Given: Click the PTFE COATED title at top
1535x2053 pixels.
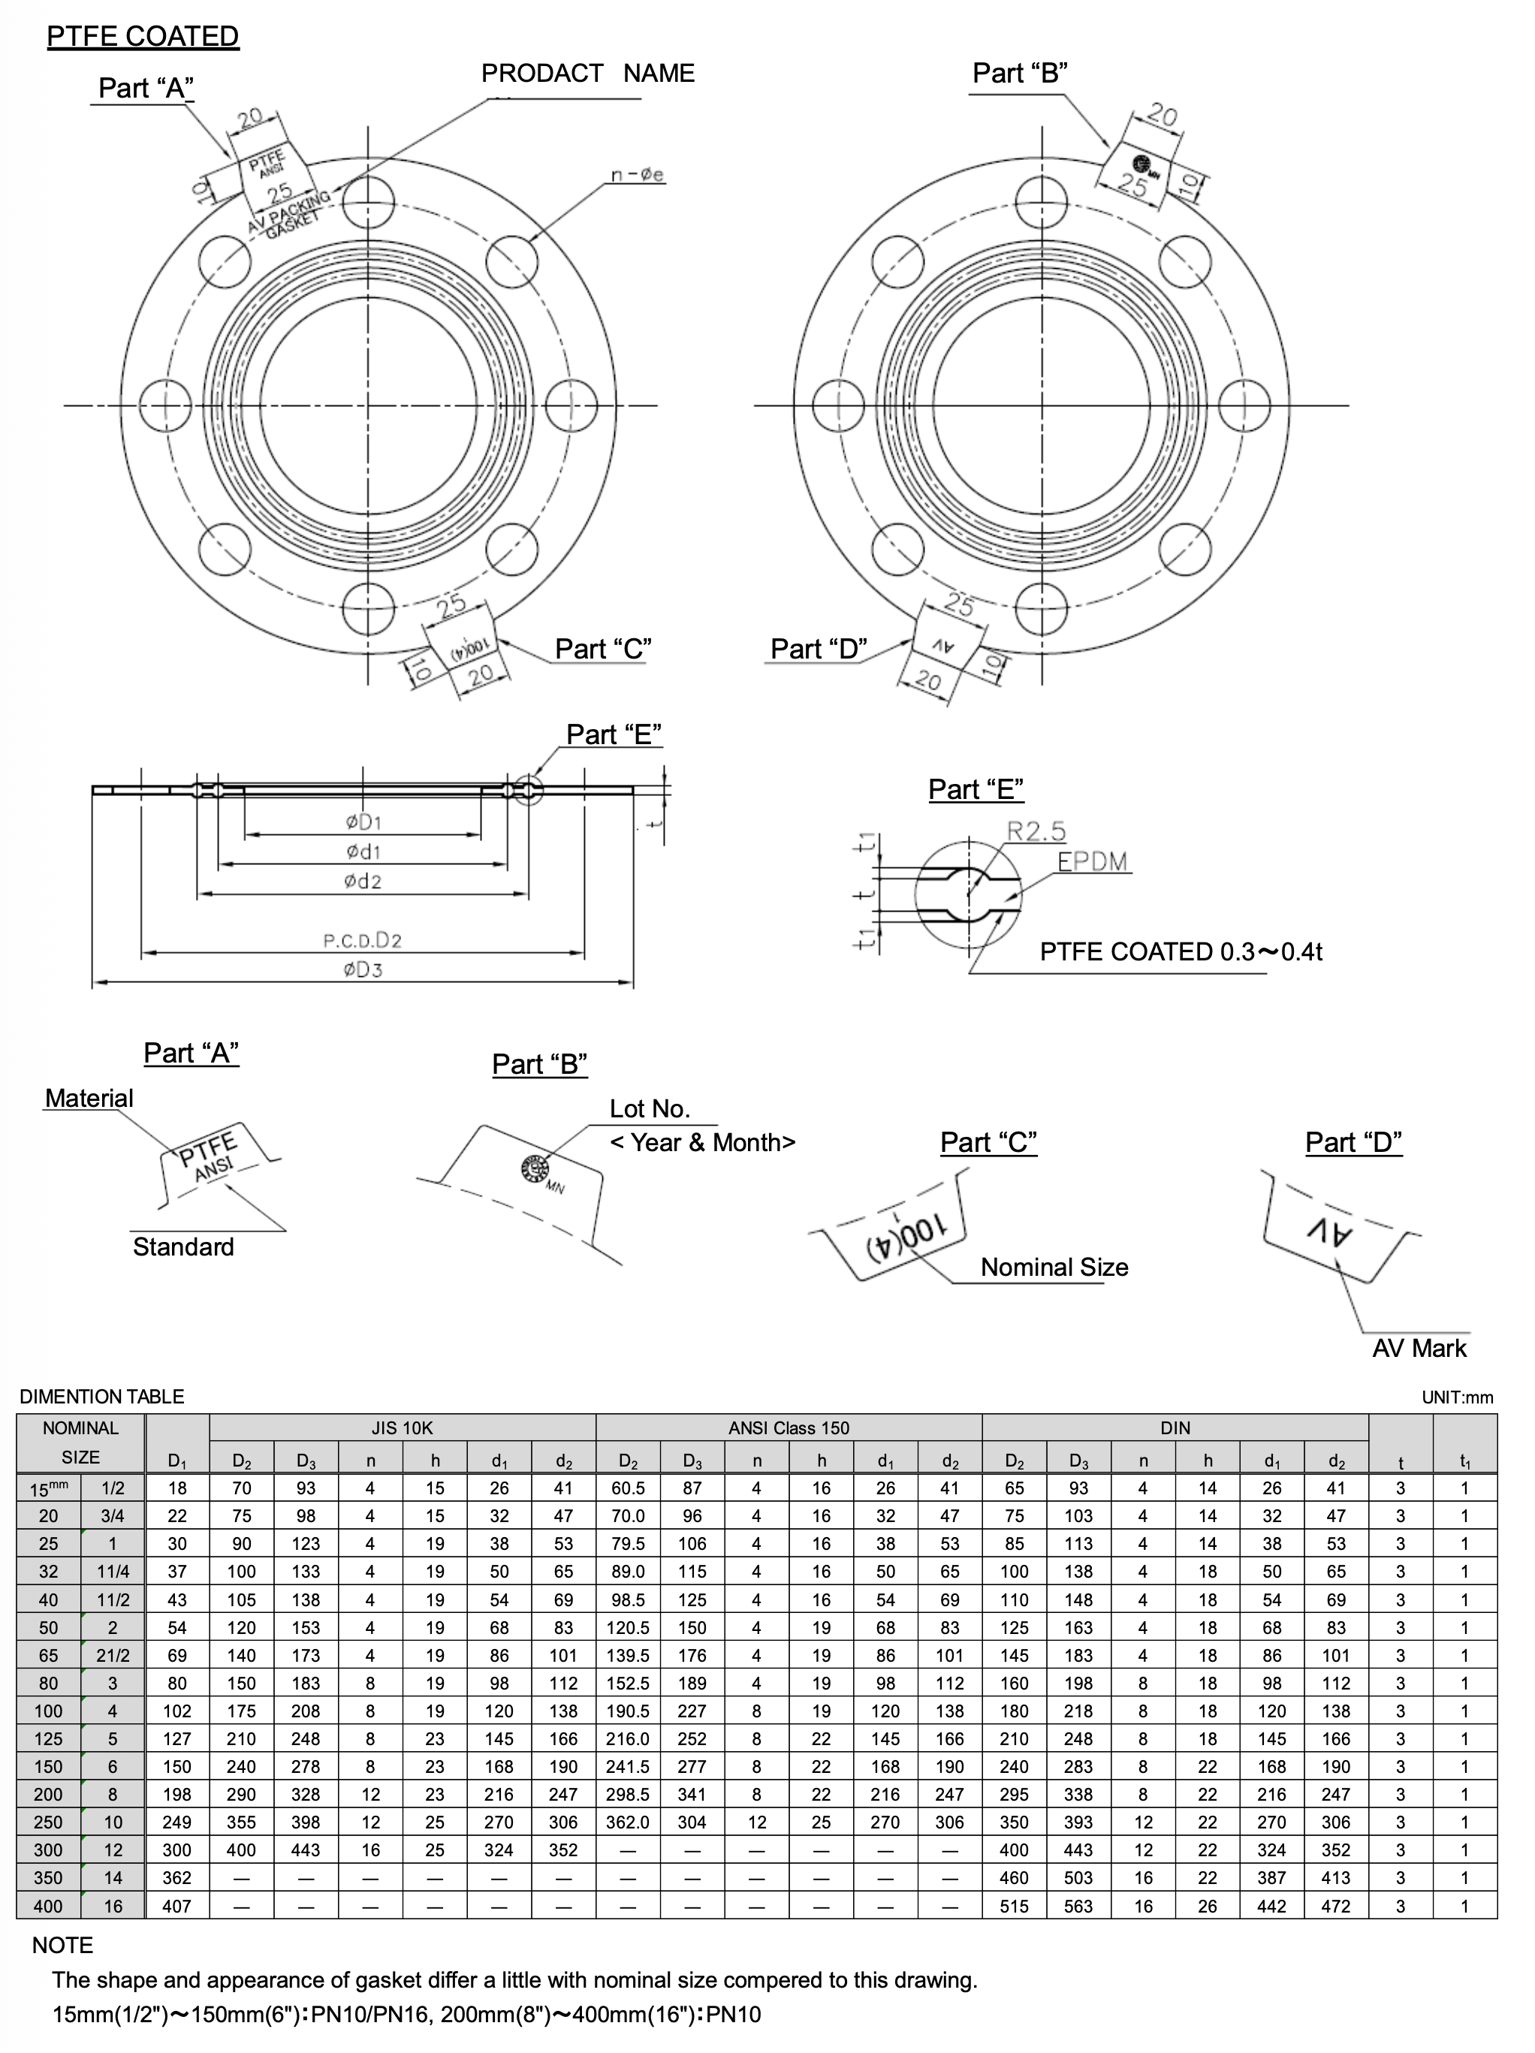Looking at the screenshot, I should pyautogui.click(x=142, y=36).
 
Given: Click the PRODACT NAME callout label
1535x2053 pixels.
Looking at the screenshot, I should pyautogui.click(x=587, y=74).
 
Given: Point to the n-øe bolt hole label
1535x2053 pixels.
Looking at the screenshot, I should pyautogui.click(x=637, y=174).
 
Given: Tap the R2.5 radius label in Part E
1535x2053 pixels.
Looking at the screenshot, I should pyautogui.click(x=1036, y=831).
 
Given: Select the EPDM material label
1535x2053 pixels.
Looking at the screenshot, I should pyautogui.click(x=1093, y=861).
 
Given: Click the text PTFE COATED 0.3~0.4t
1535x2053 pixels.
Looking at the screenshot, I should pyautogui.click(x=1181, y=951).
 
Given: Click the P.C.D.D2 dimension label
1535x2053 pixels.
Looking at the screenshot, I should pyautogui.click(x=362, y=940).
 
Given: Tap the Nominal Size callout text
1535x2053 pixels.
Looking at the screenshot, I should pyautogui.click(x=1054, y=1267).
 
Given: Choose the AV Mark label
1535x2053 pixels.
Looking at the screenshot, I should pyautogui.click(x=1419, y=1348).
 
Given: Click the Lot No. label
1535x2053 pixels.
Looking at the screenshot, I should pyautogui.click(x=649, y=1108).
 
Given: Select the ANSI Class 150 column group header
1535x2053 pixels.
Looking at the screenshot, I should pyautogui.click(x=788, y=1427).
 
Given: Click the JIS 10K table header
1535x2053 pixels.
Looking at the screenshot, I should pyautogui.click(x=402, y=1427).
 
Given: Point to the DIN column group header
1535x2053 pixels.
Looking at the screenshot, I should pyautogui.click(x=1175, y=1427).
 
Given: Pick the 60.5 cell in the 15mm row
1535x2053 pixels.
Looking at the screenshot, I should pyautogui.click(x=627, y=1488).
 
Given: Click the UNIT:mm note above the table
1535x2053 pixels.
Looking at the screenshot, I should pyautogui.click(x=1457, y=1397).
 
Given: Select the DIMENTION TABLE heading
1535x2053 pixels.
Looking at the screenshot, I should pyautogui.click(x=102, y=1397).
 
